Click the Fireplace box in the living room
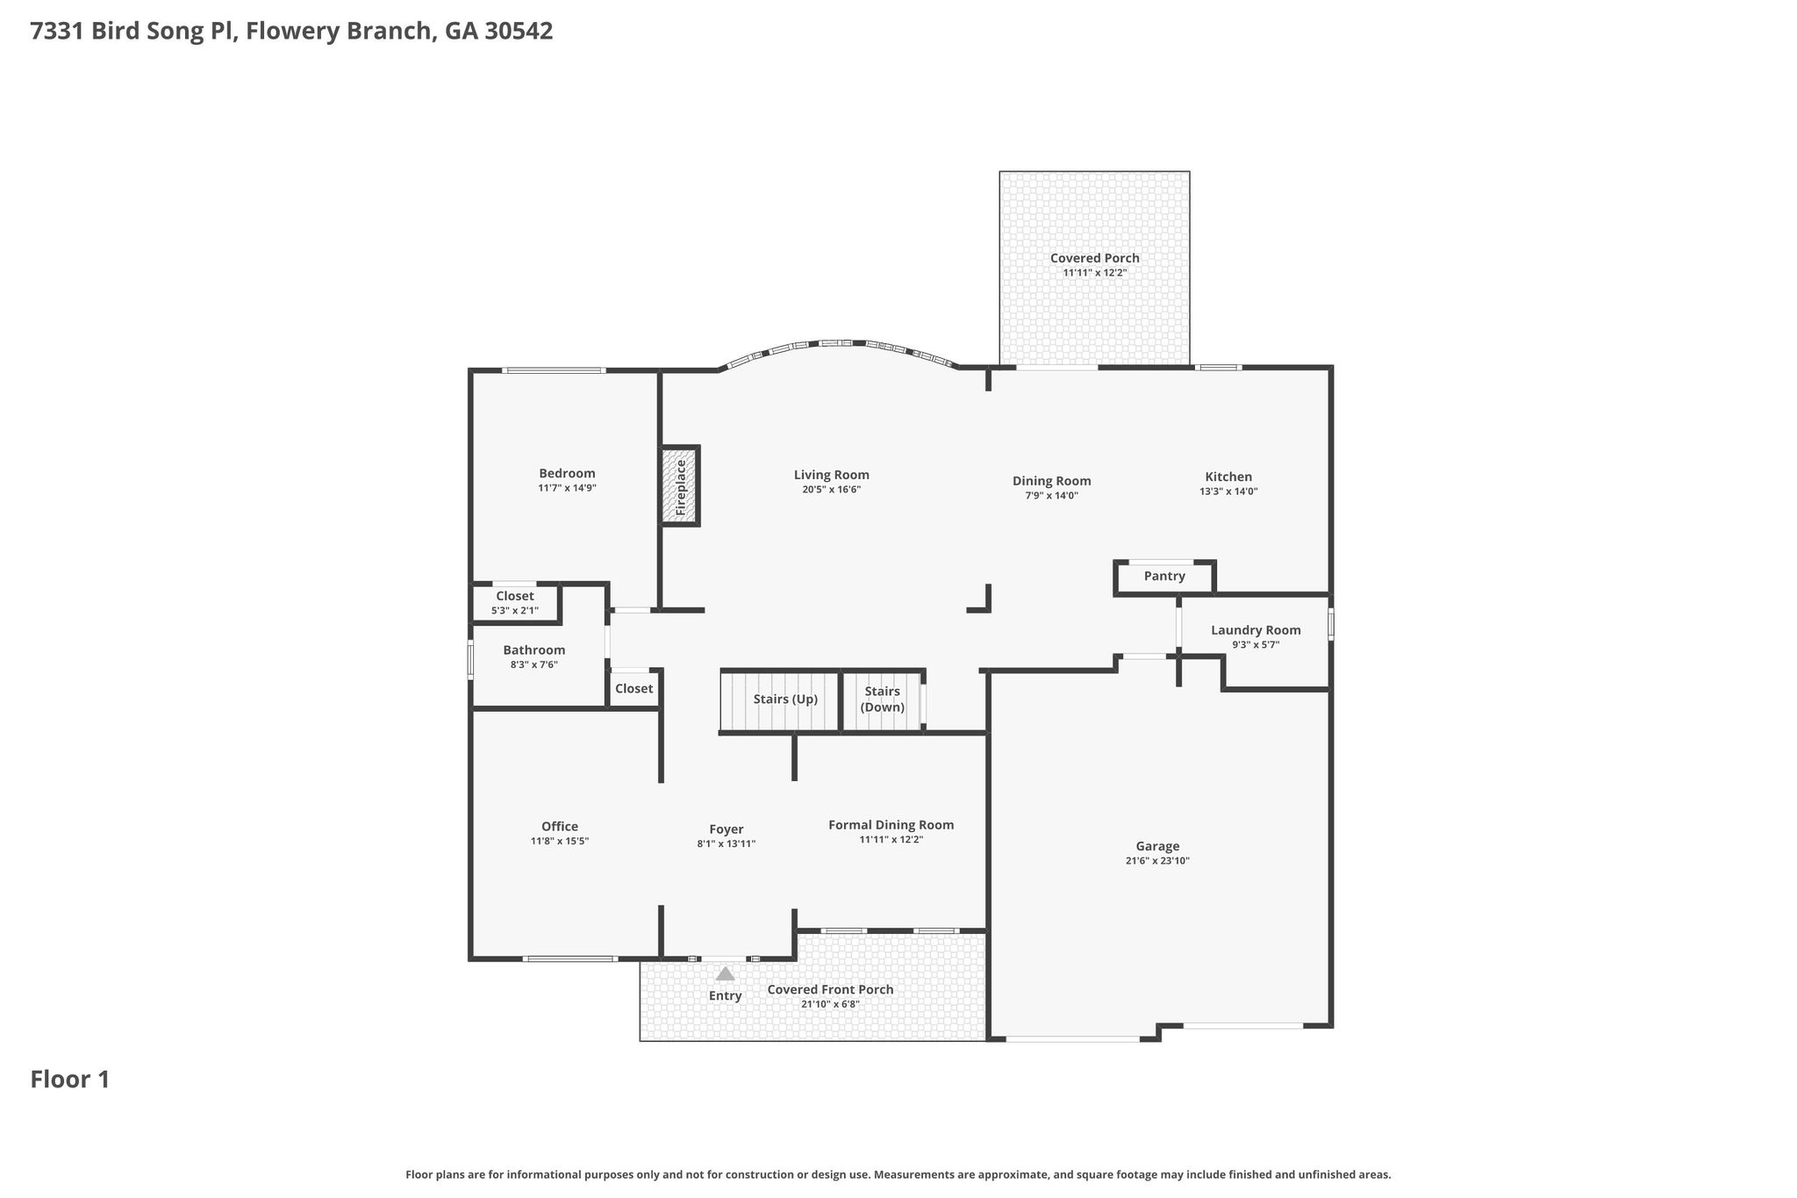pos(680,485)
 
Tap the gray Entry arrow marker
pos(725,973)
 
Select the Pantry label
pos(1164,577)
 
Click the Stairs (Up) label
pos(785,699)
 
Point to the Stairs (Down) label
pos(882,699)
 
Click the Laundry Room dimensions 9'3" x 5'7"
pos(1256,645)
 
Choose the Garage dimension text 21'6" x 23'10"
pos(1157,861)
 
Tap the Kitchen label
pos(1228,477)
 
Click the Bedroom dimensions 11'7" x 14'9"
pos(567,488)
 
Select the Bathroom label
pos(534,650)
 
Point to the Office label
pos(560,827)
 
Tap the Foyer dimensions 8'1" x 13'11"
pos(727,844)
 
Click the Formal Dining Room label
pos(891,825)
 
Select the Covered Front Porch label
pos(830,990)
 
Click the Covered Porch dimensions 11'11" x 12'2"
pos(1095,273)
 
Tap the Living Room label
pos(832,475)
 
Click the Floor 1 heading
pos(70,1080)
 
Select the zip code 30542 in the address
pos(519,32)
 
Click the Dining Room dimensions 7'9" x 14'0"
pos(1052,496)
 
